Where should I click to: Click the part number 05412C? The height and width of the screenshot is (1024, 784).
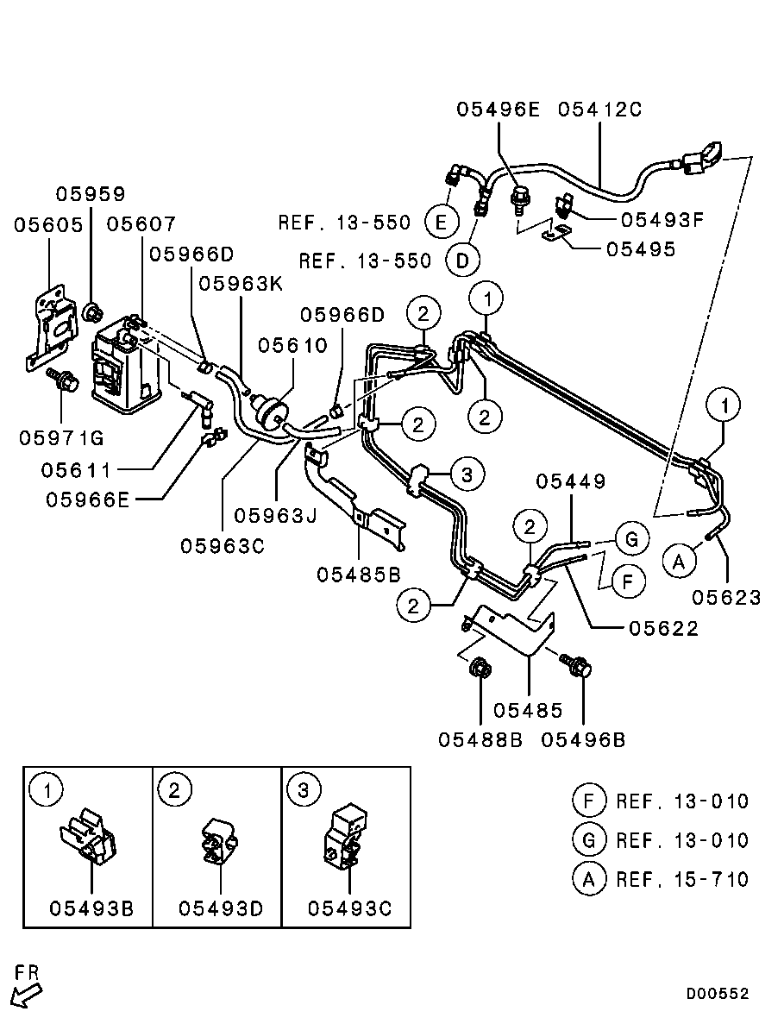coord(599,109)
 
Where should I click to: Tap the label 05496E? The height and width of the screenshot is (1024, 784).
coord(498,109)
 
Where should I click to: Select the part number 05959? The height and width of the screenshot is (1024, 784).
coord(90,194)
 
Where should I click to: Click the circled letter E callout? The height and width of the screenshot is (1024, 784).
coord(441,222)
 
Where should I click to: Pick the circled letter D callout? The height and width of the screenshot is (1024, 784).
coord(462,261)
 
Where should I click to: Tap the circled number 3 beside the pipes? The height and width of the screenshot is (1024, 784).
coord(467,474)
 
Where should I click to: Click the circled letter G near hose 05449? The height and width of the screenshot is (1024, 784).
coord(631,539)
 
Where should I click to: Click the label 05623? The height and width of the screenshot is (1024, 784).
coord(726,597)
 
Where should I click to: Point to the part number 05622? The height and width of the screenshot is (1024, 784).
coord(664,628)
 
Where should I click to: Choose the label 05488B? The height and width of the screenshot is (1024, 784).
coord(480,740)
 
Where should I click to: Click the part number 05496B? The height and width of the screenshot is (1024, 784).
coord(583,740)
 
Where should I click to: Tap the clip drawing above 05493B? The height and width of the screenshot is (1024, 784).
coord(87,838)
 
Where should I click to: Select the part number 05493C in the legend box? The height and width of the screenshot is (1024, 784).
coord(350,908)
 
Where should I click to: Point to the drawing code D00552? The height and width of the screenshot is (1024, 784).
coord(717,994)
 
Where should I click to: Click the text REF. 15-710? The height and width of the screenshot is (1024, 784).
coord(682,880)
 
